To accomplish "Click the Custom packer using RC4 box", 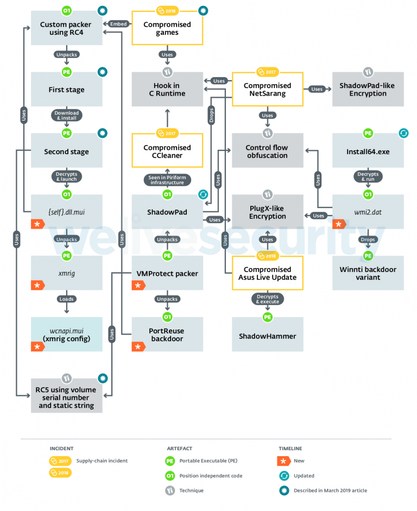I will [66, 28].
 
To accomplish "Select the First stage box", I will [66, 90].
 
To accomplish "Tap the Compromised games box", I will [167, 28].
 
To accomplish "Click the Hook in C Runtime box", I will [167, 90].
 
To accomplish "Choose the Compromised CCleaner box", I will [167, 152].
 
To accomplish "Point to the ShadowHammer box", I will [268, 336].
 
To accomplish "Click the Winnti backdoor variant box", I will [368, 274].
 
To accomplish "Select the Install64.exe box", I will [368, 152].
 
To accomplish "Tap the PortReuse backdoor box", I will [167, 335].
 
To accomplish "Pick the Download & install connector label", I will [66, 116].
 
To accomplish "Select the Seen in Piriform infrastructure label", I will [167, 180].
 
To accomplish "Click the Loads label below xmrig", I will [66, 299].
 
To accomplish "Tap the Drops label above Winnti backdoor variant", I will [368, 239].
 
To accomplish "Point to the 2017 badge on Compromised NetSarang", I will [267, 72].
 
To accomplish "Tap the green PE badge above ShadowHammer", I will [267, 317].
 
